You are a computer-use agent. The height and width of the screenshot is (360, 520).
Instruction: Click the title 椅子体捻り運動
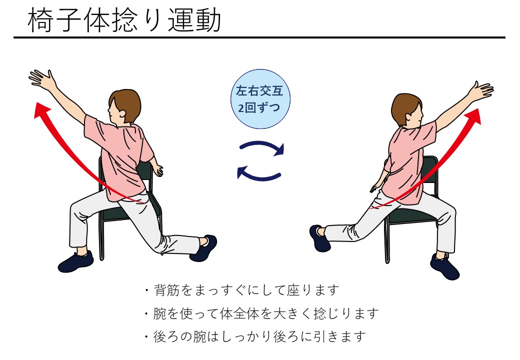click(x=124, y=20)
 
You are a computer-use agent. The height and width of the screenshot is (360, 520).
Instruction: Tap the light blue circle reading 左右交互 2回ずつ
click(x=260, y=99)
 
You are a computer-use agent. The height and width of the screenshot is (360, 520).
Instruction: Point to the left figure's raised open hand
click(x=42, y=79)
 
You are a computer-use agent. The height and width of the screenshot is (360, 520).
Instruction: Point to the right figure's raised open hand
click(x=481, y=90)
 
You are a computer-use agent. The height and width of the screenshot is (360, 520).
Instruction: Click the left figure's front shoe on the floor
click(x=76, y=261)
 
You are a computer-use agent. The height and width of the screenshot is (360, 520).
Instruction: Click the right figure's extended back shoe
click(x=319, y=238)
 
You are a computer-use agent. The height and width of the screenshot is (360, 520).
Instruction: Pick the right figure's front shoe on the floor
click(x=444, y=266)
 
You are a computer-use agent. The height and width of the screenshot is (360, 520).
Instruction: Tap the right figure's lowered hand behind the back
click(x=375, y=187)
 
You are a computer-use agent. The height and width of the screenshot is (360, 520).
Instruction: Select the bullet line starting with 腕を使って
click(x=261, y=313)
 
